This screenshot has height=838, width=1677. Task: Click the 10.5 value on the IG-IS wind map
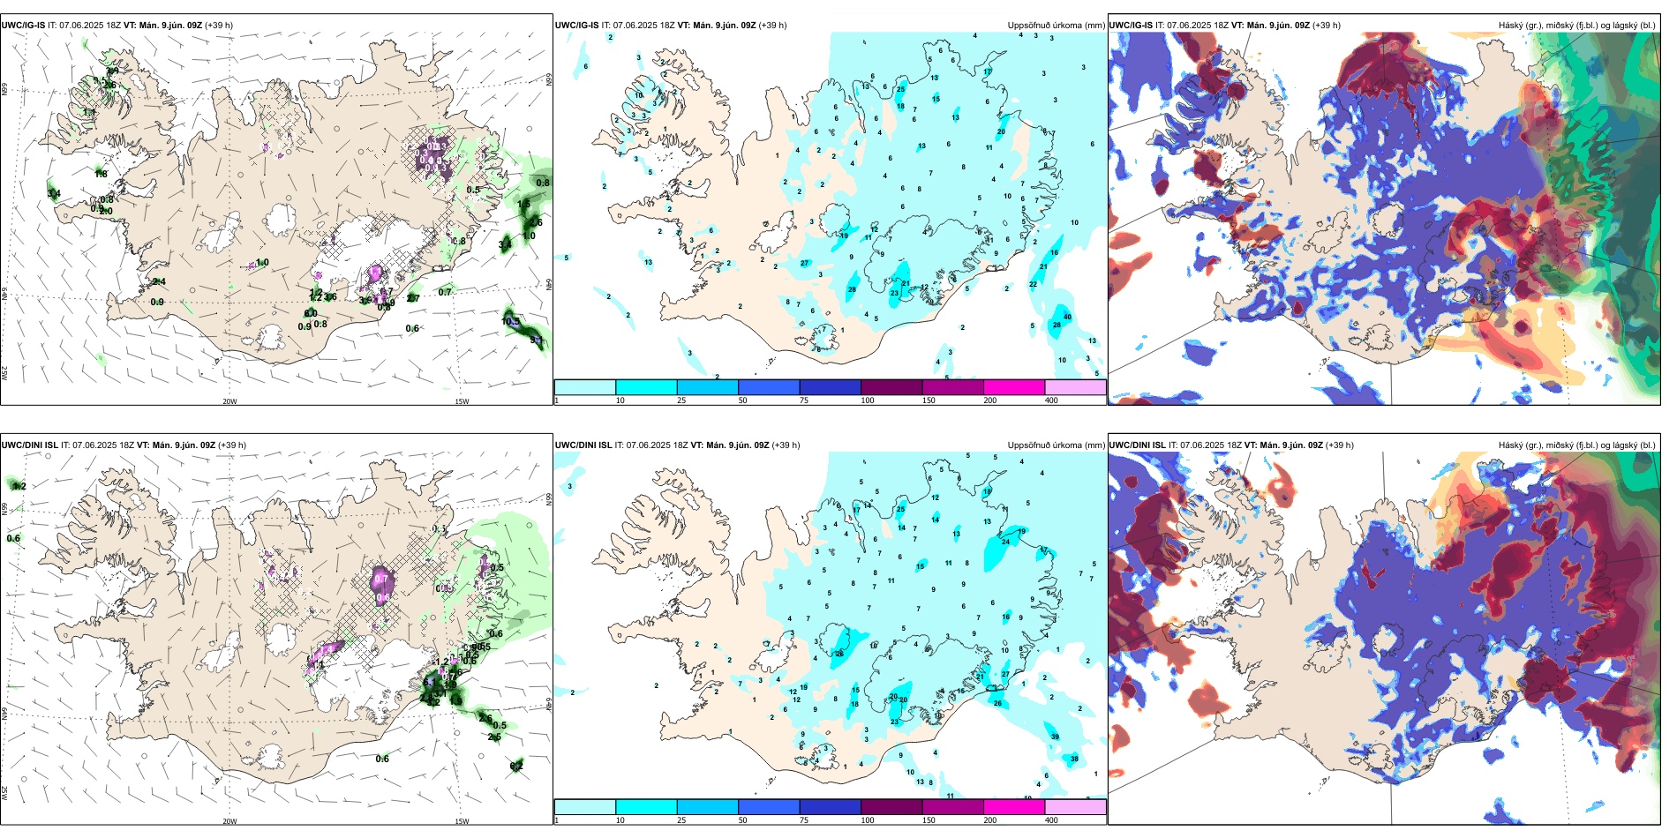click(x=510, y=321)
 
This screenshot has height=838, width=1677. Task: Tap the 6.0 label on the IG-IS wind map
click(x=311, y=313)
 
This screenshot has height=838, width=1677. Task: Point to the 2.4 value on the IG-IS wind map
click(x=159, y=281)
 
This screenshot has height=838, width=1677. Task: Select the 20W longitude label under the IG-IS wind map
click(x=229, y=401)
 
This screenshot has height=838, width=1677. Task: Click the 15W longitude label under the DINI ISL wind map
click(x=462, y=821)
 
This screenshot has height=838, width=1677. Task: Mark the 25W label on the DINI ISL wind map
click(x=4, y=793)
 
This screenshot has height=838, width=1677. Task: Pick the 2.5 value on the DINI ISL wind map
click(x=494, y=737)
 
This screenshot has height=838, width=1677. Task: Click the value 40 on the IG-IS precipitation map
click(x=1067, y=317)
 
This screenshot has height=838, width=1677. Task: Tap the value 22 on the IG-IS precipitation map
click(x=1034, y=284)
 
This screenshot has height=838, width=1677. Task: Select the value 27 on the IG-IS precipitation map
click(x=804, y=263)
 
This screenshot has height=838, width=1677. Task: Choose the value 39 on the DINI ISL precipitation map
click(x=1055, y=737)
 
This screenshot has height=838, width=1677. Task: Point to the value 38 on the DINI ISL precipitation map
click(x=1074, y=759)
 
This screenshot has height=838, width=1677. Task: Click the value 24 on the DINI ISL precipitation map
click(x=1005, y=542)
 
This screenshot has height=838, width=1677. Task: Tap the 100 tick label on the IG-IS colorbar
click(x=868, y=400)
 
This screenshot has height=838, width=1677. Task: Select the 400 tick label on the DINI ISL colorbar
click(x=1051, y=820)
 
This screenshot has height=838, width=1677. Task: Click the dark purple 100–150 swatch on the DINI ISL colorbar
click(x=891, y=806)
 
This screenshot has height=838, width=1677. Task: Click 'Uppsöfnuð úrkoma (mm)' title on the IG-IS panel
click(x=1056, y=26)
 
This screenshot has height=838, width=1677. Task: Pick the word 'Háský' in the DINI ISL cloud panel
click(x=1512, y=445)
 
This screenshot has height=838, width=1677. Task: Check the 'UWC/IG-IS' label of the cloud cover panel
click(x=1131, y=26)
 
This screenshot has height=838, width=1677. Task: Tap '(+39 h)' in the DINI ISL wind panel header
click(x=231, y=445)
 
